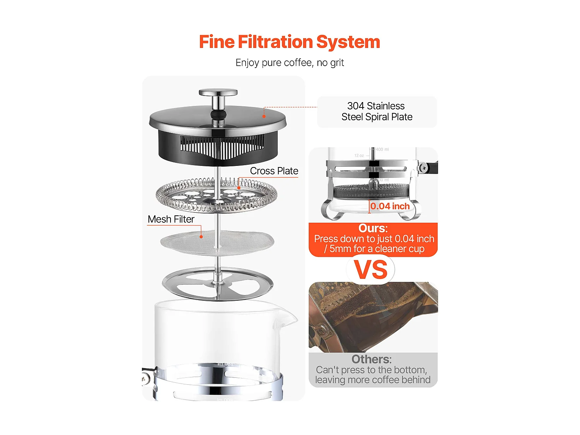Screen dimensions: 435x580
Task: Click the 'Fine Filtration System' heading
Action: click(x=290, y=42)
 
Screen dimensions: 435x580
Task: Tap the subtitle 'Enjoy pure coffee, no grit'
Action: click(x=290, y=63)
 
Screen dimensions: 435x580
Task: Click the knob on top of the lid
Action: click(x=218, y=93)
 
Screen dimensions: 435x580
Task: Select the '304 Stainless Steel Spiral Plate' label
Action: click(x=377, y=111)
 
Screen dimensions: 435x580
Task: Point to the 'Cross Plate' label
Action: click(x=274, y=171)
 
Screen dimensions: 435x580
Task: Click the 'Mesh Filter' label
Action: click(x=171, y=219)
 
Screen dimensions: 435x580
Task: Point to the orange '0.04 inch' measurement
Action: click(x=390, y=206)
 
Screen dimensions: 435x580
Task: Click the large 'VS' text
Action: click(x=370, y=270)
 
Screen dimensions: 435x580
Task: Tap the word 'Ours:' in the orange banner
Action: click(x=373, y=228)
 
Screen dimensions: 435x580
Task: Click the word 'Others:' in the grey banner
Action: click(x=371, y=359)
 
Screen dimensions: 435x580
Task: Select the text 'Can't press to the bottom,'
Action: click(x=371, y=370)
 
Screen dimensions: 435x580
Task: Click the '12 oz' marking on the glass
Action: click(x=359, y=155)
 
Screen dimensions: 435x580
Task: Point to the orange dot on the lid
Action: click(x=264, y=116)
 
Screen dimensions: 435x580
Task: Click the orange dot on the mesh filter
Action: click(x=201, y=237)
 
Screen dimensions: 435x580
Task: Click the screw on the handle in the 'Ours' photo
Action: click(x=423, y=167)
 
